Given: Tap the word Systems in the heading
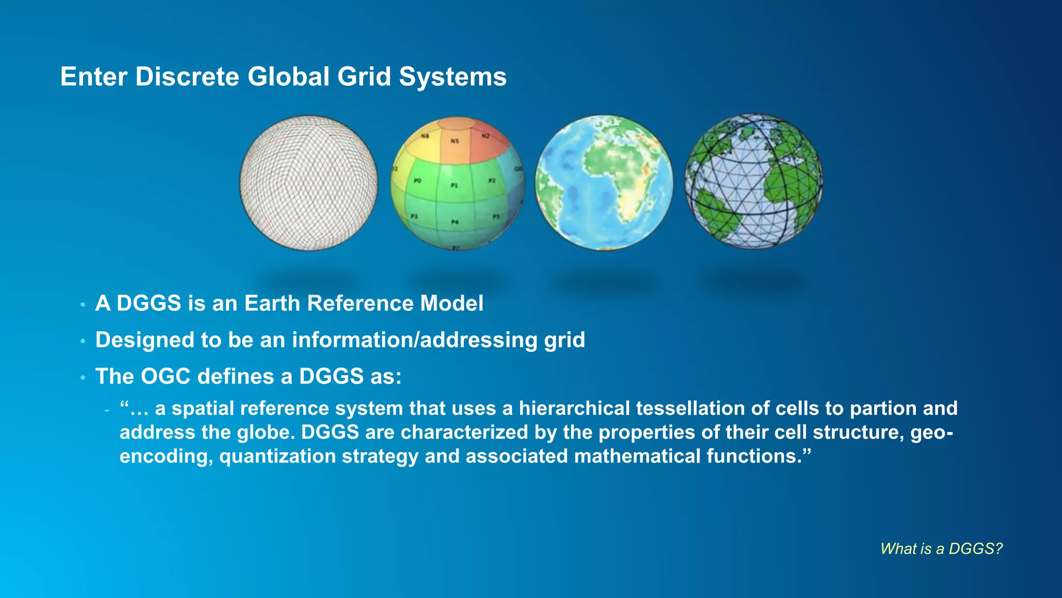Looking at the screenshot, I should tap(452, 77).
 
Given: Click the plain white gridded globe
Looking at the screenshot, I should tap(309, 183).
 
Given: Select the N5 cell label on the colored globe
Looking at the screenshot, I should tap(455, 141).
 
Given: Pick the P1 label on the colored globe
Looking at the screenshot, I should tap(454, 185).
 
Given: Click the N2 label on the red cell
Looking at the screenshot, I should tap(486, 136).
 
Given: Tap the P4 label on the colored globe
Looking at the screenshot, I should tap(455, 222).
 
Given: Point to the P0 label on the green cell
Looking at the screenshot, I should tap(417, 181).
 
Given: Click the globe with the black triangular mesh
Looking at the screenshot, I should tap(753, 182).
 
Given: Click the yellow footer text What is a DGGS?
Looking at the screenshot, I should tap(941, 549).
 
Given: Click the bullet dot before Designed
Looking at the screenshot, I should tap(82, 342).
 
